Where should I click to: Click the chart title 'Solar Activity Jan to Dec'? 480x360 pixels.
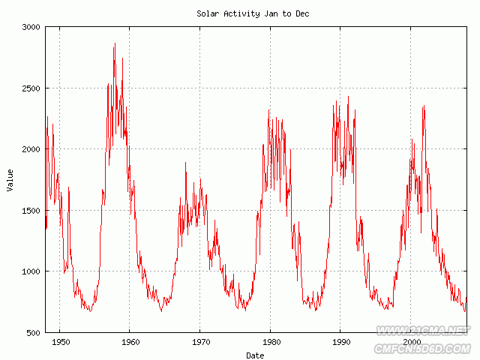point(253,13)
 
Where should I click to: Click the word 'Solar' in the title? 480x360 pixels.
point(208,13)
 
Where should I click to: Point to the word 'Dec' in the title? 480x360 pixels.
point(301,13)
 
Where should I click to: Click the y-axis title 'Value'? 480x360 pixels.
point(10,180)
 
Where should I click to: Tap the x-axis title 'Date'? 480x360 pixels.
point(255,355)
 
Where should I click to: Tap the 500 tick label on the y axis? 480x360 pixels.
point(34,333)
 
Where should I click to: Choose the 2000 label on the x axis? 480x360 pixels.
point(411,342)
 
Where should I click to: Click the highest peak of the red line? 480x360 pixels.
point(115,43)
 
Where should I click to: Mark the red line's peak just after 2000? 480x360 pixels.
point(424,106)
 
